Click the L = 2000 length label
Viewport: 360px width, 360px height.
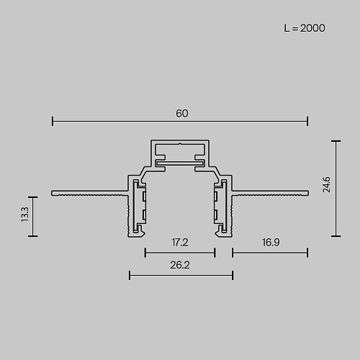tap(305, 28)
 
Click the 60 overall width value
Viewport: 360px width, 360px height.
tap(182, 113)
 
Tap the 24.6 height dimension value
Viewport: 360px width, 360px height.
tap(327, 184)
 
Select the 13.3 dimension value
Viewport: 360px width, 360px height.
tap(24, 214)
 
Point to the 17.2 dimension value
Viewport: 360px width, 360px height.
tap(180, 243)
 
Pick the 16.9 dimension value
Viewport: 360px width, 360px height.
tap(271, 242)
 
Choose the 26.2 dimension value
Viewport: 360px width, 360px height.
tap(180, 265)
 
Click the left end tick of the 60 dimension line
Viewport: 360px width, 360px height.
tap(53, 121)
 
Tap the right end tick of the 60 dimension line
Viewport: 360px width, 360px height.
tap(307, 121)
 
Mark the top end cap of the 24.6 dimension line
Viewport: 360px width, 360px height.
tap(336, 141)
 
